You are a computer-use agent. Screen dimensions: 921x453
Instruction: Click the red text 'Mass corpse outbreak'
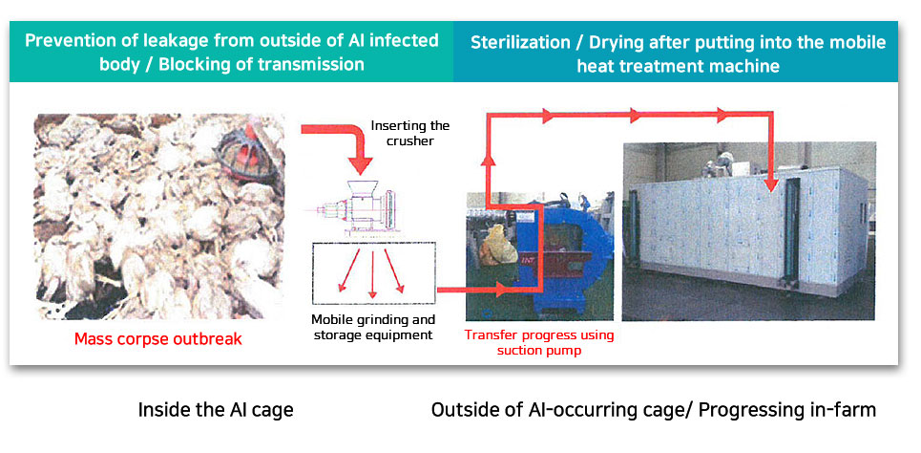[158, 339]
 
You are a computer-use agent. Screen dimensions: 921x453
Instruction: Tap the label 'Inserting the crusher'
[410, 133]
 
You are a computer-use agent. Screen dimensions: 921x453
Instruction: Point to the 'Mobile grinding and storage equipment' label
[373, 328]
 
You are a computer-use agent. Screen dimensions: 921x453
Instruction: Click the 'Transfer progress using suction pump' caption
[539, 342]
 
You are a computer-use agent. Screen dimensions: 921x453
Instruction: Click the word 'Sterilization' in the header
[520, 43]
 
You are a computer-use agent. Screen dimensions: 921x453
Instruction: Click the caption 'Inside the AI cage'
[216, 409]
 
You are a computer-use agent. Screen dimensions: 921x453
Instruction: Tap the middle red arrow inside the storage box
[372, 271]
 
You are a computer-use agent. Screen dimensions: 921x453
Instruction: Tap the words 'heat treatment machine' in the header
[679, 66]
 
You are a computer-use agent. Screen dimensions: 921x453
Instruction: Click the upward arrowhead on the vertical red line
[488, 160]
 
